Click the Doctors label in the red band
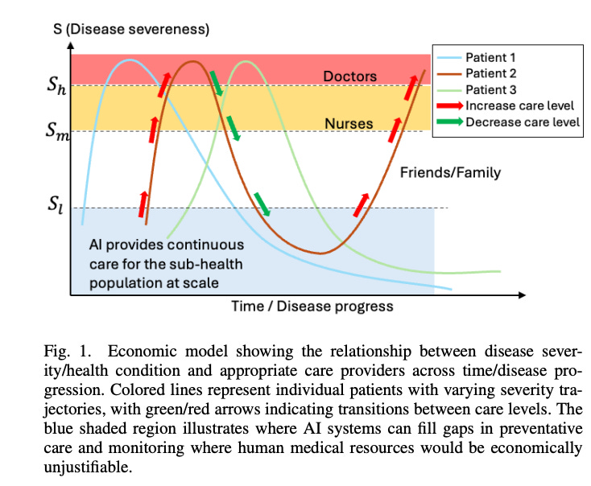point(349,76)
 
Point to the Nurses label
point(349,124)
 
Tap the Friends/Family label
point(450,172)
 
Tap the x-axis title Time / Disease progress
point(312,306)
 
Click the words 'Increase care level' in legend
point(519,105)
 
